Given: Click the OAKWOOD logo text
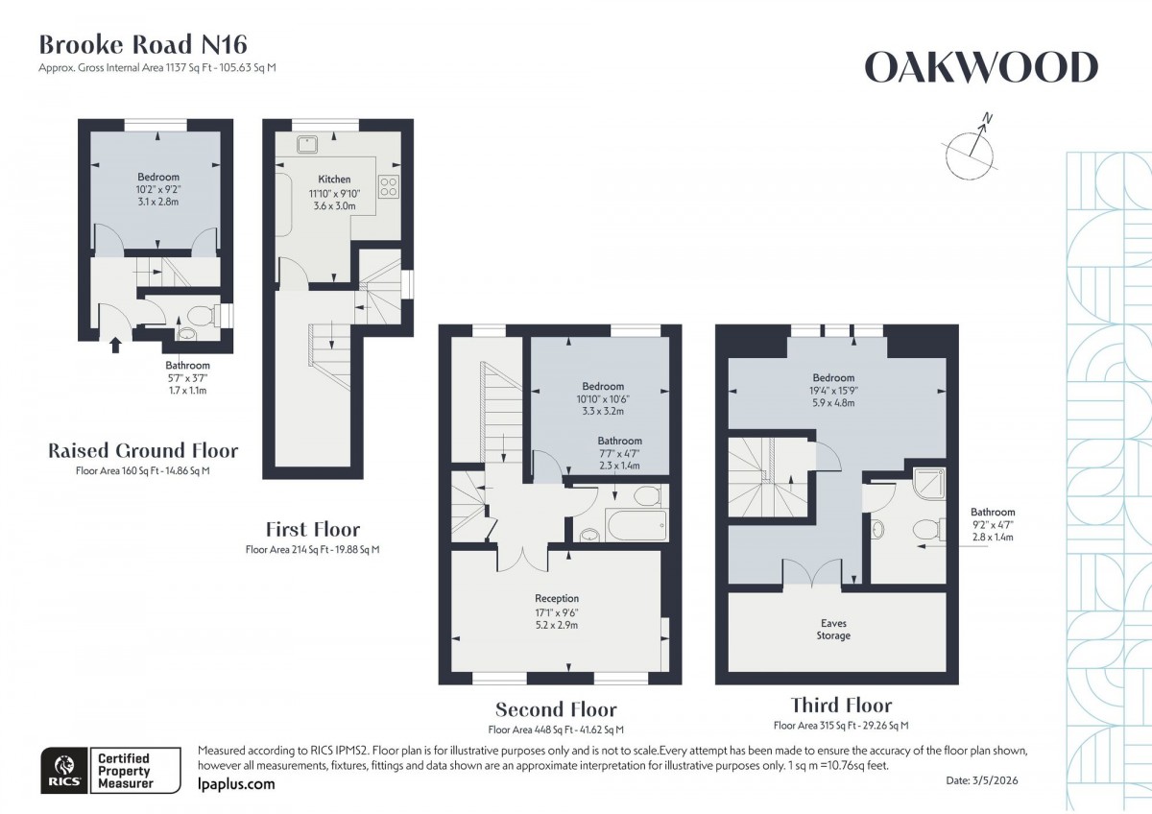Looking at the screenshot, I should point(980,68).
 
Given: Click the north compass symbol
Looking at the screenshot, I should point(971,150).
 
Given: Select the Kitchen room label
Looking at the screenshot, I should point(334,180).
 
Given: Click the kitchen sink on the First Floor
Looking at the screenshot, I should point(307,145).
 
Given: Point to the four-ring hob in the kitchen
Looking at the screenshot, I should point(390,185).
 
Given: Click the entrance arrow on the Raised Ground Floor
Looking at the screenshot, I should point(116,343).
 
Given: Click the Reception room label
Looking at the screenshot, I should point(557,599).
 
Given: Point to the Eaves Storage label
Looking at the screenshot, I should point(833,629).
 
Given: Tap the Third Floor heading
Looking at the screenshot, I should point(841,706).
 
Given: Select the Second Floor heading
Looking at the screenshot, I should point(556,710).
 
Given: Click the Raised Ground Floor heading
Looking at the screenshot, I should point(143,451).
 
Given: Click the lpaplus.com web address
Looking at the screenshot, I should point(235,784).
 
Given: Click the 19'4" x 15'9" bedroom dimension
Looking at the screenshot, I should point(833,391).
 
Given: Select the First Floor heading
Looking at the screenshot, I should point(313,529).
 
